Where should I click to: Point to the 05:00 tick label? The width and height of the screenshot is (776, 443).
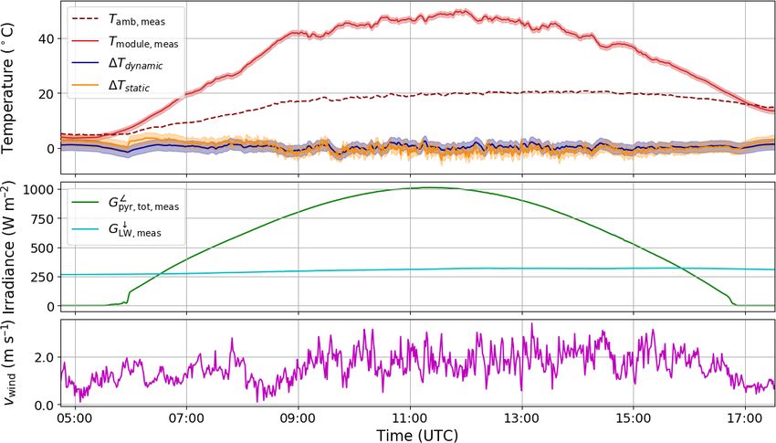(74, 418)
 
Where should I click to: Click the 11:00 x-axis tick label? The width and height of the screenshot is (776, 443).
(410, 418)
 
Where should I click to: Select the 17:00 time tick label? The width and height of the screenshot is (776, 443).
(746, 418)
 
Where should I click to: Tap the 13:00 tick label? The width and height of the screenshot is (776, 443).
(522, 418)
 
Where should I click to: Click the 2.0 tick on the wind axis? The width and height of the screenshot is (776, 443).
(43, 357)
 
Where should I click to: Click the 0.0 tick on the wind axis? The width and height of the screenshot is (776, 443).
(43, 405)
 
